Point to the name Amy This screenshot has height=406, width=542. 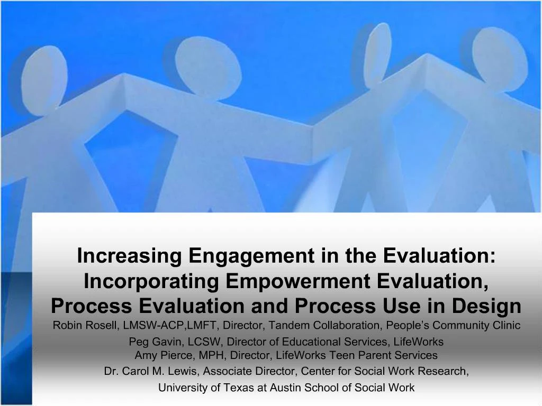click(x=145, y=355)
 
